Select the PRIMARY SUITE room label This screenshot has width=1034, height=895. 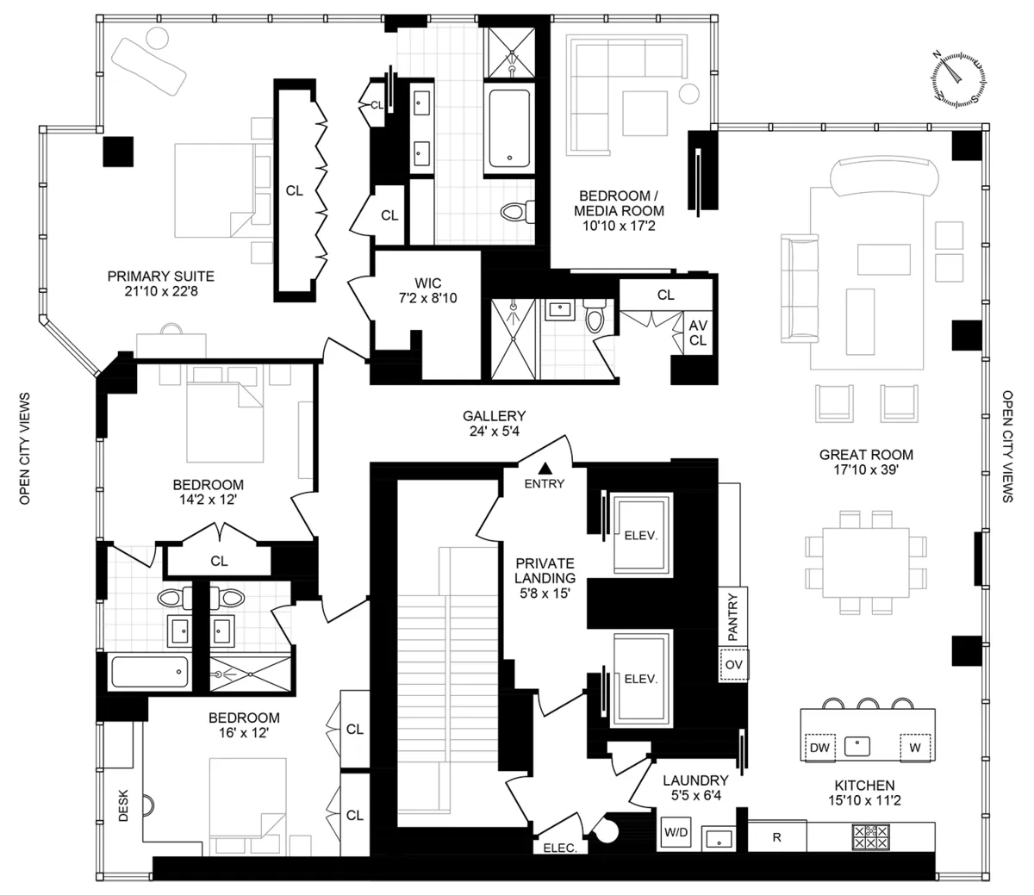(x=160, y=277)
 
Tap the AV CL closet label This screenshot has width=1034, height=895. (x=697, y=333)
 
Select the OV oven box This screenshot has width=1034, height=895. (x=733, y=664)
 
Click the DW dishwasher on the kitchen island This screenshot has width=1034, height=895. (x=819, y=748)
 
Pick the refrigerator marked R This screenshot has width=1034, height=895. (x=776, y=836)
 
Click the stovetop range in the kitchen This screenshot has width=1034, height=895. (x=869, y=835)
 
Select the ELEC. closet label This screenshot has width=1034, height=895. (x=565, y=848)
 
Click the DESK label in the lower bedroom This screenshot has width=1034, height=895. (x=122, y=805)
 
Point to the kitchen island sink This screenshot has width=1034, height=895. (x=859, y=745)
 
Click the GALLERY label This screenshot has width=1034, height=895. (x=493, y=415)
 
